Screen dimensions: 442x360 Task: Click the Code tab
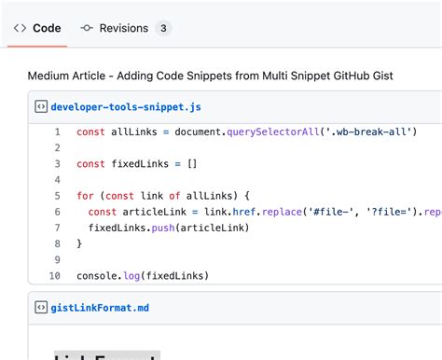pyautogui.click(x=37, y=28)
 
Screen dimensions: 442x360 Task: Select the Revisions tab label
pyautogui.click(x=123, y=28)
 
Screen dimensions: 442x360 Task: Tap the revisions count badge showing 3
pyautogui.click(x=163, y=28)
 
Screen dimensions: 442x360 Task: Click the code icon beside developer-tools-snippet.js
pyautogui.click(x=41, y=106)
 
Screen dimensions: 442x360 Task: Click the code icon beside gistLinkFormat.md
pyautogui.click(x=41, y=307)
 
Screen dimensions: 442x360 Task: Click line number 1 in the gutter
pyautogui.click(x=57, y=132)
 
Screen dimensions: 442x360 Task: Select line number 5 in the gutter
pyautogui.click(x=57, y=196)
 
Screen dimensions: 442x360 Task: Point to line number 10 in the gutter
pyautogui.click(x=54, y=275)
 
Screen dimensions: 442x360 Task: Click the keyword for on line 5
pyautogui.click(x=86, y=196)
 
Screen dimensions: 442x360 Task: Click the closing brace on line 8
pyautogui.click(x=79, y=243)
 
